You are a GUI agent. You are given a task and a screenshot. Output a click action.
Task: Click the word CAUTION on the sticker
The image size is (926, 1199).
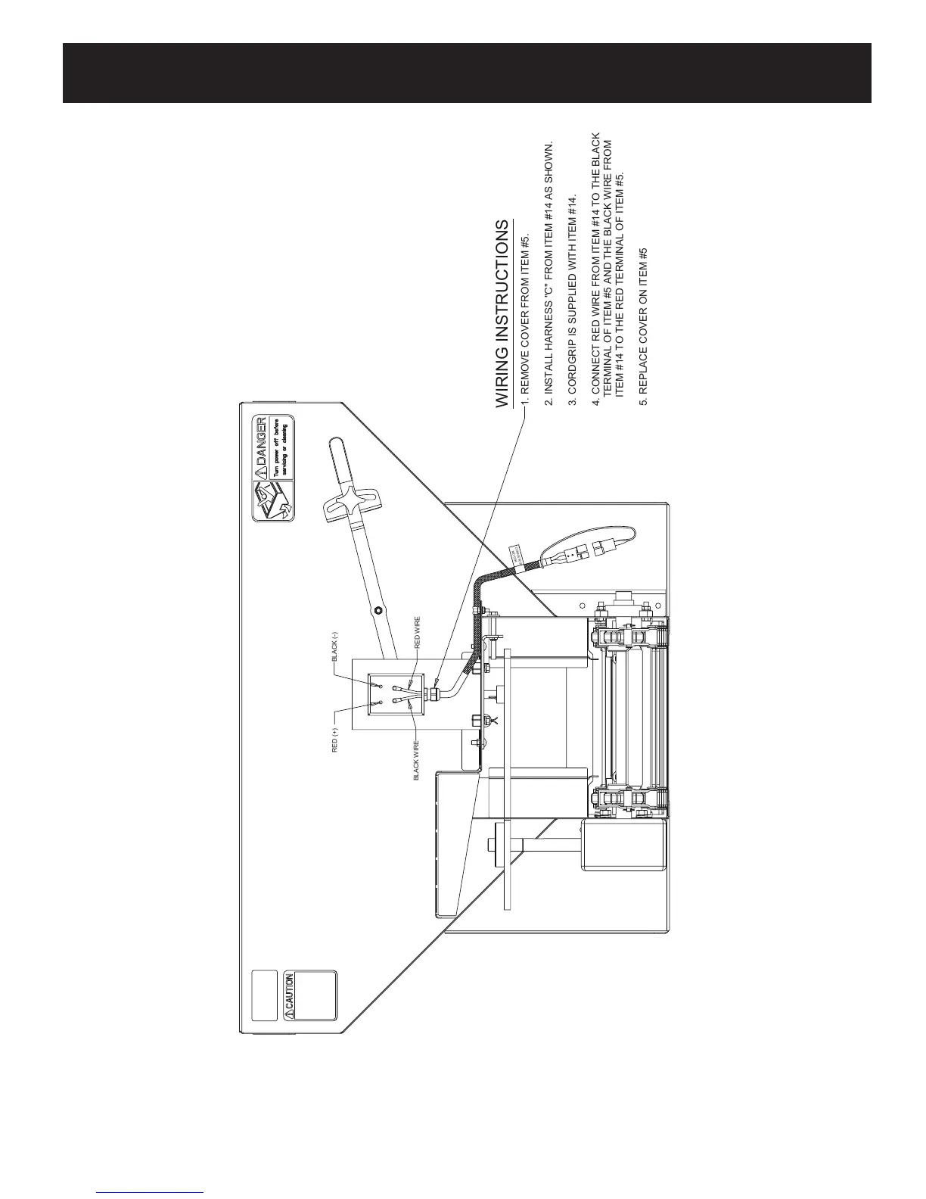pyautogui.click(x=288, y=992)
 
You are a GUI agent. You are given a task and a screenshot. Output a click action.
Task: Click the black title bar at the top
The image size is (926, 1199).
pyautogui.click(x=467, y=73)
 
